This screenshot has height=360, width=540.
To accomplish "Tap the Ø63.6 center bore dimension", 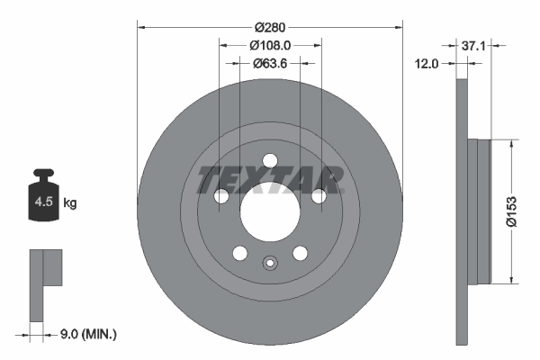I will point(269,63).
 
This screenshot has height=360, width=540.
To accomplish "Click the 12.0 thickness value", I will point(427,64).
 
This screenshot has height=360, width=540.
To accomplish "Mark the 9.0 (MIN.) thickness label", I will point(86,334).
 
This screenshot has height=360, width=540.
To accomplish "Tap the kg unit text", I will point(70,202).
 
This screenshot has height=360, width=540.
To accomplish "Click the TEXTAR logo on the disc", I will point(269,179).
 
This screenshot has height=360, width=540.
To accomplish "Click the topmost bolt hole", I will point(269,162).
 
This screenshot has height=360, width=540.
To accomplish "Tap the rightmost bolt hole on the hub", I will point(319,197).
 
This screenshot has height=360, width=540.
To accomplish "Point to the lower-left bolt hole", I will point(238,254).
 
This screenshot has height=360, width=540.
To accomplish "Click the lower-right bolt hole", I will point(300,254).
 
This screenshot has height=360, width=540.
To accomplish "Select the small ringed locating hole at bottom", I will point(269,264).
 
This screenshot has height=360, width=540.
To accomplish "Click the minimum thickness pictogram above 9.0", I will point(46,284).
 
